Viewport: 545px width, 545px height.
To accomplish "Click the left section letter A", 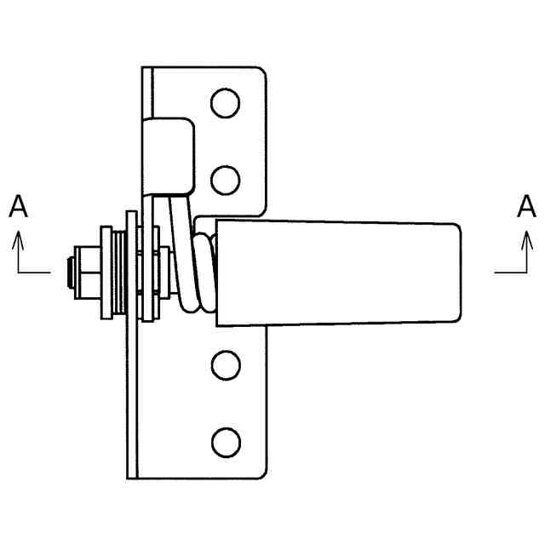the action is click(x=20, y=206).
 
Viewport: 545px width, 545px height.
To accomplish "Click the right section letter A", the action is click(x=527, y=206).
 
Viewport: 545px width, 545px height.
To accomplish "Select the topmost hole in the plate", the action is click(x=225, y=103).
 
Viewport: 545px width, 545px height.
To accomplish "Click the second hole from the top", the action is click(x=225, y=180).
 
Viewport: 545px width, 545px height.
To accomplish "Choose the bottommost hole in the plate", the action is click(x=225, y=441).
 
